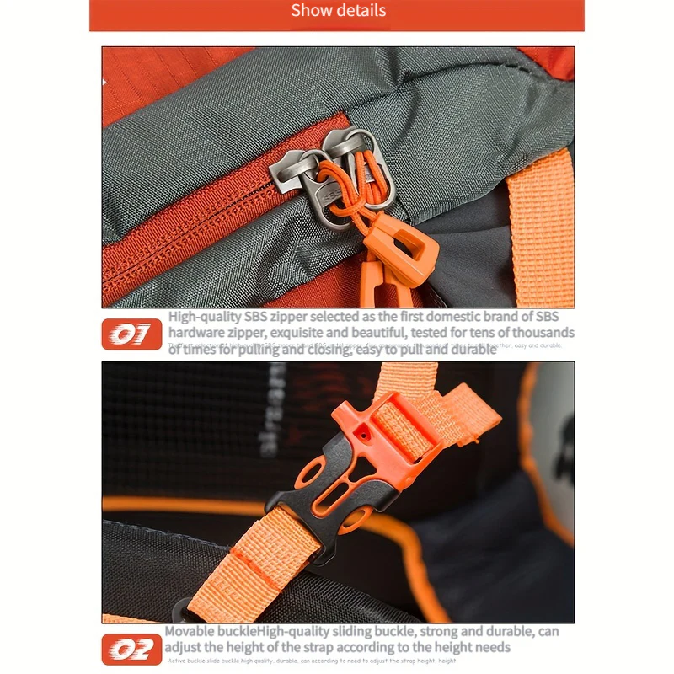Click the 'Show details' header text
coord(338,11)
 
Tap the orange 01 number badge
coord(131,334)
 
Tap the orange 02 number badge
coord(131,649)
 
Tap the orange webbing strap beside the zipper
coord(539,227)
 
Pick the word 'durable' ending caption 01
coord(472,349)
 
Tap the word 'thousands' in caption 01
coord(540,333)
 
